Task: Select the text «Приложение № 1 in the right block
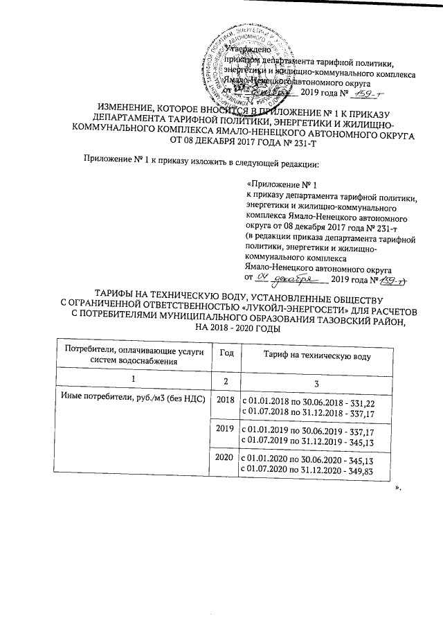pos(282,185)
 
